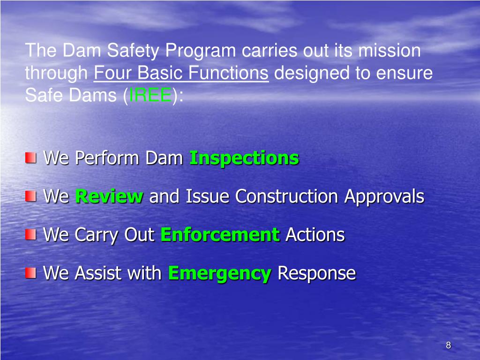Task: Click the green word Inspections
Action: [244, 158]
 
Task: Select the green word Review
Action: [109, 196]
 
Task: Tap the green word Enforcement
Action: [220, 234]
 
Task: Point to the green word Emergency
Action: [219, 273]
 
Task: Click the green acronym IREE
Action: [150, 95]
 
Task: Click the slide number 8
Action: [448, 346]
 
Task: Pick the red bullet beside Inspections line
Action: [30, 157]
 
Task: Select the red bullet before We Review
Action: [30, 195]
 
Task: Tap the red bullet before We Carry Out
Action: [30, 233]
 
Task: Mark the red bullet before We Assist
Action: [30, 272]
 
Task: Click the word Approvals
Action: [384, 196]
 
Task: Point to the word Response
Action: [316, 273]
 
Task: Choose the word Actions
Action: [315, 234]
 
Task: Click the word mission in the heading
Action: [389, 51]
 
